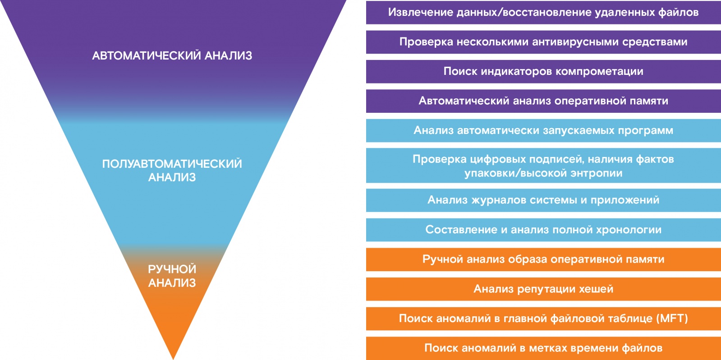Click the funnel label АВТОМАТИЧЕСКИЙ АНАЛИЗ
click(x=172, y=55)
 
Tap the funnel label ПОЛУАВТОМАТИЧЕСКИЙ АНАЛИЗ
click(x=172, y=171)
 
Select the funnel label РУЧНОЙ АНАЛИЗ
click(x=172, y=276)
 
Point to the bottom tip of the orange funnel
click(x=173, y=359)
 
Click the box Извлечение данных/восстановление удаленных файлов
click(x=543, y=12)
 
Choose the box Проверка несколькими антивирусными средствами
click(x=543, y=42)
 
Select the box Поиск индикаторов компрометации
click(x=543, y=71)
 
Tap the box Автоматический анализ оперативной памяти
click(x=543, y=101)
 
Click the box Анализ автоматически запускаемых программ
click(x=543, y=130)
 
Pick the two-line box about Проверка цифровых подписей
click(x=543, y=166)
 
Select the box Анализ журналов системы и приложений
click(x=543, y=200)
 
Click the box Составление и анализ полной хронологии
click(x=543, y=230)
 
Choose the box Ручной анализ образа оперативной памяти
click(x=543, y=259)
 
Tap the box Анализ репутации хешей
click(x=543, y=289)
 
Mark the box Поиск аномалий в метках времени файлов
click(x=543, y=348)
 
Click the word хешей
click(x=596, y=289)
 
